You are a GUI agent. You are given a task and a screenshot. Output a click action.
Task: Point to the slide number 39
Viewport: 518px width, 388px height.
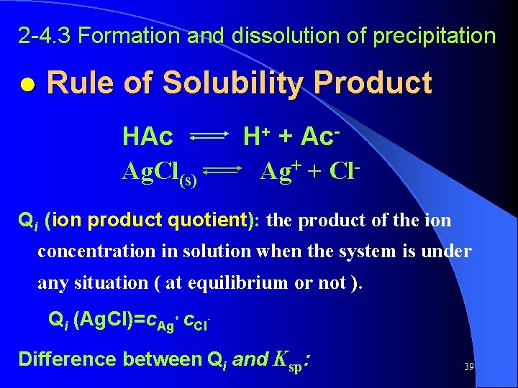point(468,366)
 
